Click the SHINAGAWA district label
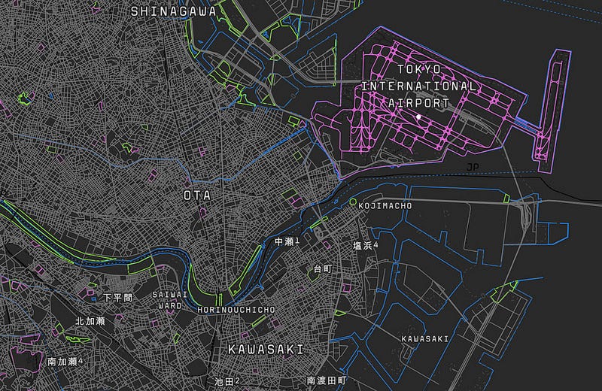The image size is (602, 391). [x=173, y=11]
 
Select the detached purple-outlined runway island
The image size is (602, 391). [x=552, y=105]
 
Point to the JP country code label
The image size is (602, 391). [x=472, y=166]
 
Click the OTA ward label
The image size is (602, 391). [x=198, y=195]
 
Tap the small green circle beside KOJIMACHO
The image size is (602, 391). [x=352, y=202]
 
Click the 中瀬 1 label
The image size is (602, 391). [x=287, y=241]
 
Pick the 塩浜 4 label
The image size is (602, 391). [x=366, y=246]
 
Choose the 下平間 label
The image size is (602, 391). [x=117, y=298]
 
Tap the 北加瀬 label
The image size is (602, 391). [x=90, y=321]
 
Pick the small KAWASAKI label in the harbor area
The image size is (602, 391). [x=425, y=339]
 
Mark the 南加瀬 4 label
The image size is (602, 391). [x=65, y=362]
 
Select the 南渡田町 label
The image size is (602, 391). [x=326, y=381]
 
